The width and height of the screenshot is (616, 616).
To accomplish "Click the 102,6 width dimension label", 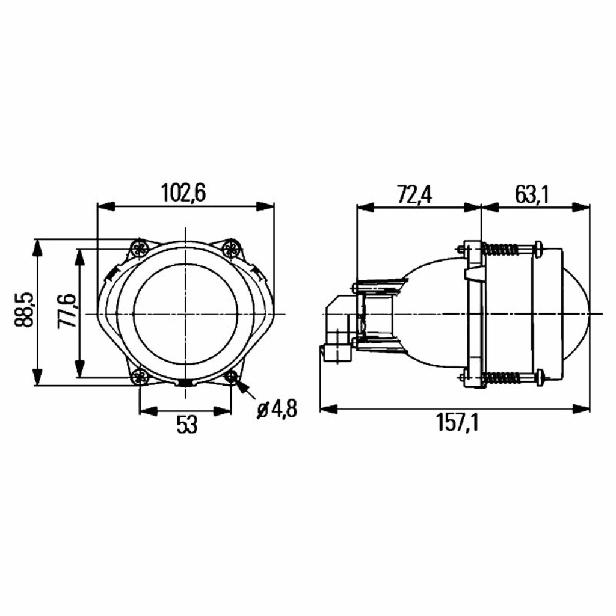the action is pyautogui.click(x=183, y=193).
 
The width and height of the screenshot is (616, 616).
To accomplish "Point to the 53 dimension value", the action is pyautogui.click(x=186, y=425).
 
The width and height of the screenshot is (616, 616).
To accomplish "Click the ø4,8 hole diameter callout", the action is pyautogui.click(x=277, y=409).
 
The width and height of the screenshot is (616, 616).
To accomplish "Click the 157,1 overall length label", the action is pyautogui.click(x=458, y=423).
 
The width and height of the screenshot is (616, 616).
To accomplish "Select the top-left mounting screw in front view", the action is pyautogui.click(x=139, y=248).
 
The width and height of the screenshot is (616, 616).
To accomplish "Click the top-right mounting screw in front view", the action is pyautogui.click(x=230, y=248).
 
